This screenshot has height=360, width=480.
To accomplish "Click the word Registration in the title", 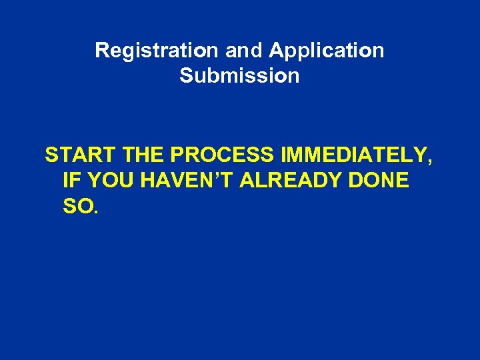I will pos(156,51).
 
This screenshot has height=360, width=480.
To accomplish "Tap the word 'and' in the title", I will pos(243,51).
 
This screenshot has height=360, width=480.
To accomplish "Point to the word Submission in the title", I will pos(239,76).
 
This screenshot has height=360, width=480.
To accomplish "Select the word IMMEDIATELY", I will pos(355,156).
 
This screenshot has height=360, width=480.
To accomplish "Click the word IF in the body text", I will pos(70,181).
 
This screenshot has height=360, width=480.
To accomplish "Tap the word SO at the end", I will pos(77,207).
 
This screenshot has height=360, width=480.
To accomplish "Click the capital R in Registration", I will pos(101,51).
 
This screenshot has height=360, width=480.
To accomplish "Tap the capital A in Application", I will pos(275,51).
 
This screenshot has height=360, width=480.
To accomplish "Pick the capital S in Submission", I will pos(186,76).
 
